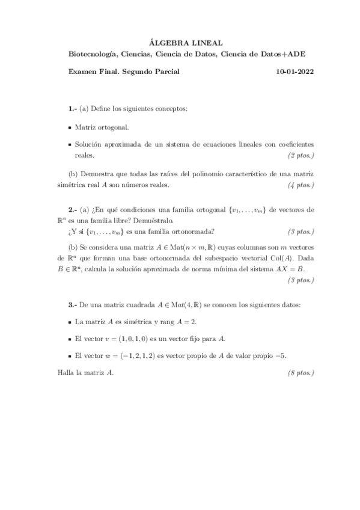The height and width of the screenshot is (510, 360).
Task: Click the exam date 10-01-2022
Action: [294, 72]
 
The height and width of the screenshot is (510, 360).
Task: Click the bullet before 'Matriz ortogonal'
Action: [70, 128]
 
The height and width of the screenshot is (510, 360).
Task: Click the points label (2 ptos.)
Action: [301, 155]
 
